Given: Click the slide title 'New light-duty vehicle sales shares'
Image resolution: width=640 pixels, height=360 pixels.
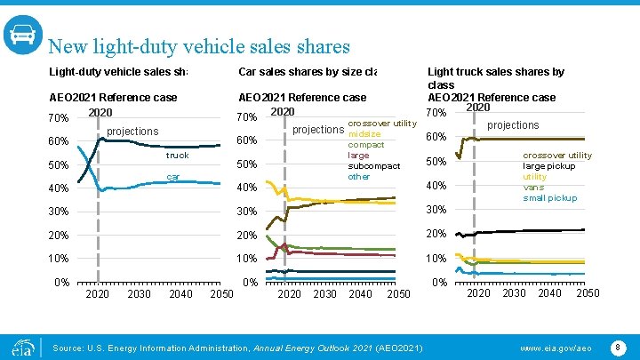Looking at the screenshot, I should pos(199,46).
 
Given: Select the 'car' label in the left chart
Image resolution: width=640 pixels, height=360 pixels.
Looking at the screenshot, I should pos(174,177).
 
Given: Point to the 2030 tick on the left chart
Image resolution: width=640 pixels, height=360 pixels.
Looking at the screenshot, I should pos(139,293).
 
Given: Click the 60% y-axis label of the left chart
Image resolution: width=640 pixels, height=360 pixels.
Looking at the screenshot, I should pos(58,142).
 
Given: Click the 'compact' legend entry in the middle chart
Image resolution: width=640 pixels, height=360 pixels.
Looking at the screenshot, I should pos(366,145).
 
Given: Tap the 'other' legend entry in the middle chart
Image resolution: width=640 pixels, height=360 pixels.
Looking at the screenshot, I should pos(359,177).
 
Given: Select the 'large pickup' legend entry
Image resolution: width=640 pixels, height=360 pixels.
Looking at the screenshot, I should pos(549,166).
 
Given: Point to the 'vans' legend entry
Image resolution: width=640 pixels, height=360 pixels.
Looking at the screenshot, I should pos(533,188).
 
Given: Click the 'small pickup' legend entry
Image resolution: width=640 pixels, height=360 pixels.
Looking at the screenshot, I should pos(549,198).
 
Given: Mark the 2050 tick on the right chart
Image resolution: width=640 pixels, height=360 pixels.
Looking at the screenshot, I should pos(588,293).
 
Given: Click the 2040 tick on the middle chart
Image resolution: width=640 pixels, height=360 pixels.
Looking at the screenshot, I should pos(361,293).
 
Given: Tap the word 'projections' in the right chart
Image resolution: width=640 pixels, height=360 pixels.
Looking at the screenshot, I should pos(513,125).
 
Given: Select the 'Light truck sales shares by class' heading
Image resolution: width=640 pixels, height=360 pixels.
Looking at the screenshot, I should pos(496,78).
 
